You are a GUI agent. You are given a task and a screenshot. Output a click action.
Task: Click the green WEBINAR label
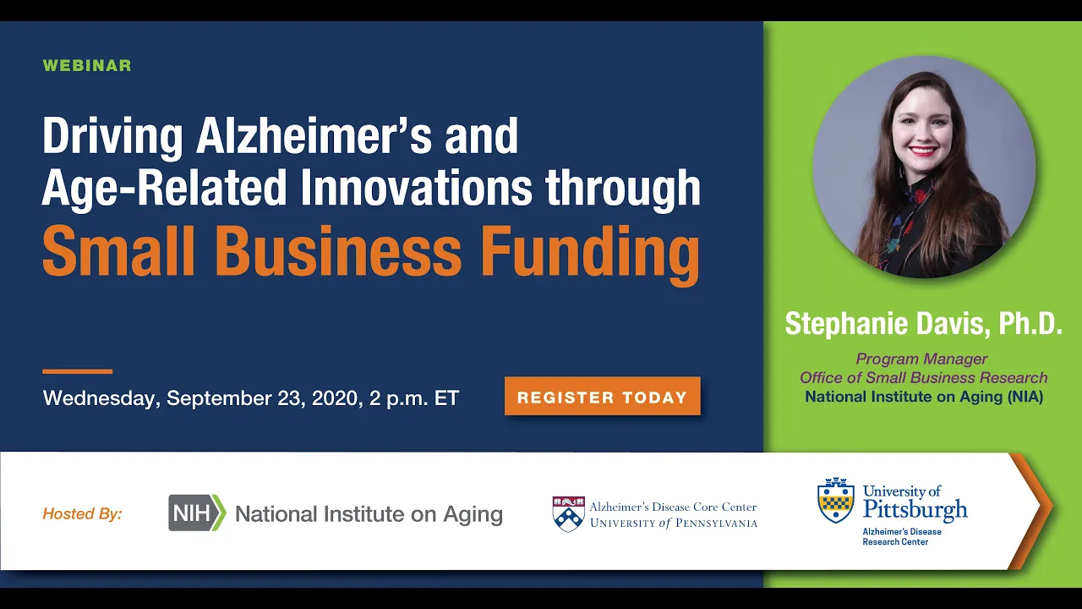pos(87,65)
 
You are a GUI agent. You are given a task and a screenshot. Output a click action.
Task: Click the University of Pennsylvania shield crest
pos(569,514)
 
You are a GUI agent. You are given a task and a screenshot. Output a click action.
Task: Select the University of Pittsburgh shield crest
pos(836,500)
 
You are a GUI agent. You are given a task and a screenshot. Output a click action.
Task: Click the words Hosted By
pos(82,513)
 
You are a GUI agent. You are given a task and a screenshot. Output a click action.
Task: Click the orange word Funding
pos(591,252)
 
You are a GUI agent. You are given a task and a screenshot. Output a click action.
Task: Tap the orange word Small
pos(119,251)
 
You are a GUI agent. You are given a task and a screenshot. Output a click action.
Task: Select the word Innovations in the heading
pos(417,188)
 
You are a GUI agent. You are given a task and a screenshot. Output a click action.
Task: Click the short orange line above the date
pos(77,371)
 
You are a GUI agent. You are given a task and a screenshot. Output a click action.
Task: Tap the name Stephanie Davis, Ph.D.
pos(924,323)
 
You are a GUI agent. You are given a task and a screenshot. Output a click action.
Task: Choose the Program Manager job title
pos(921,359)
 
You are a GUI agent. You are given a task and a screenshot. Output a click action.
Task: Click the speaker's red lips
pos(922,151)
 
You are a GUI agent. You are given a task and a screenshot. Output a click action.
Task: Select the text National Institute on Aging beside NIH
pos(369,513)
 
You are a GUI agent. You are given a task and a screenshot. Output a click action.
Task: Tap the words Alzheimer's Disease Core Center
pos(674,507)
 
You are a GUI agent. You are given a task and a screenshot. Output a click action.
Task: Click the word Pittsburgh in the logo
pos(915,510)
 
